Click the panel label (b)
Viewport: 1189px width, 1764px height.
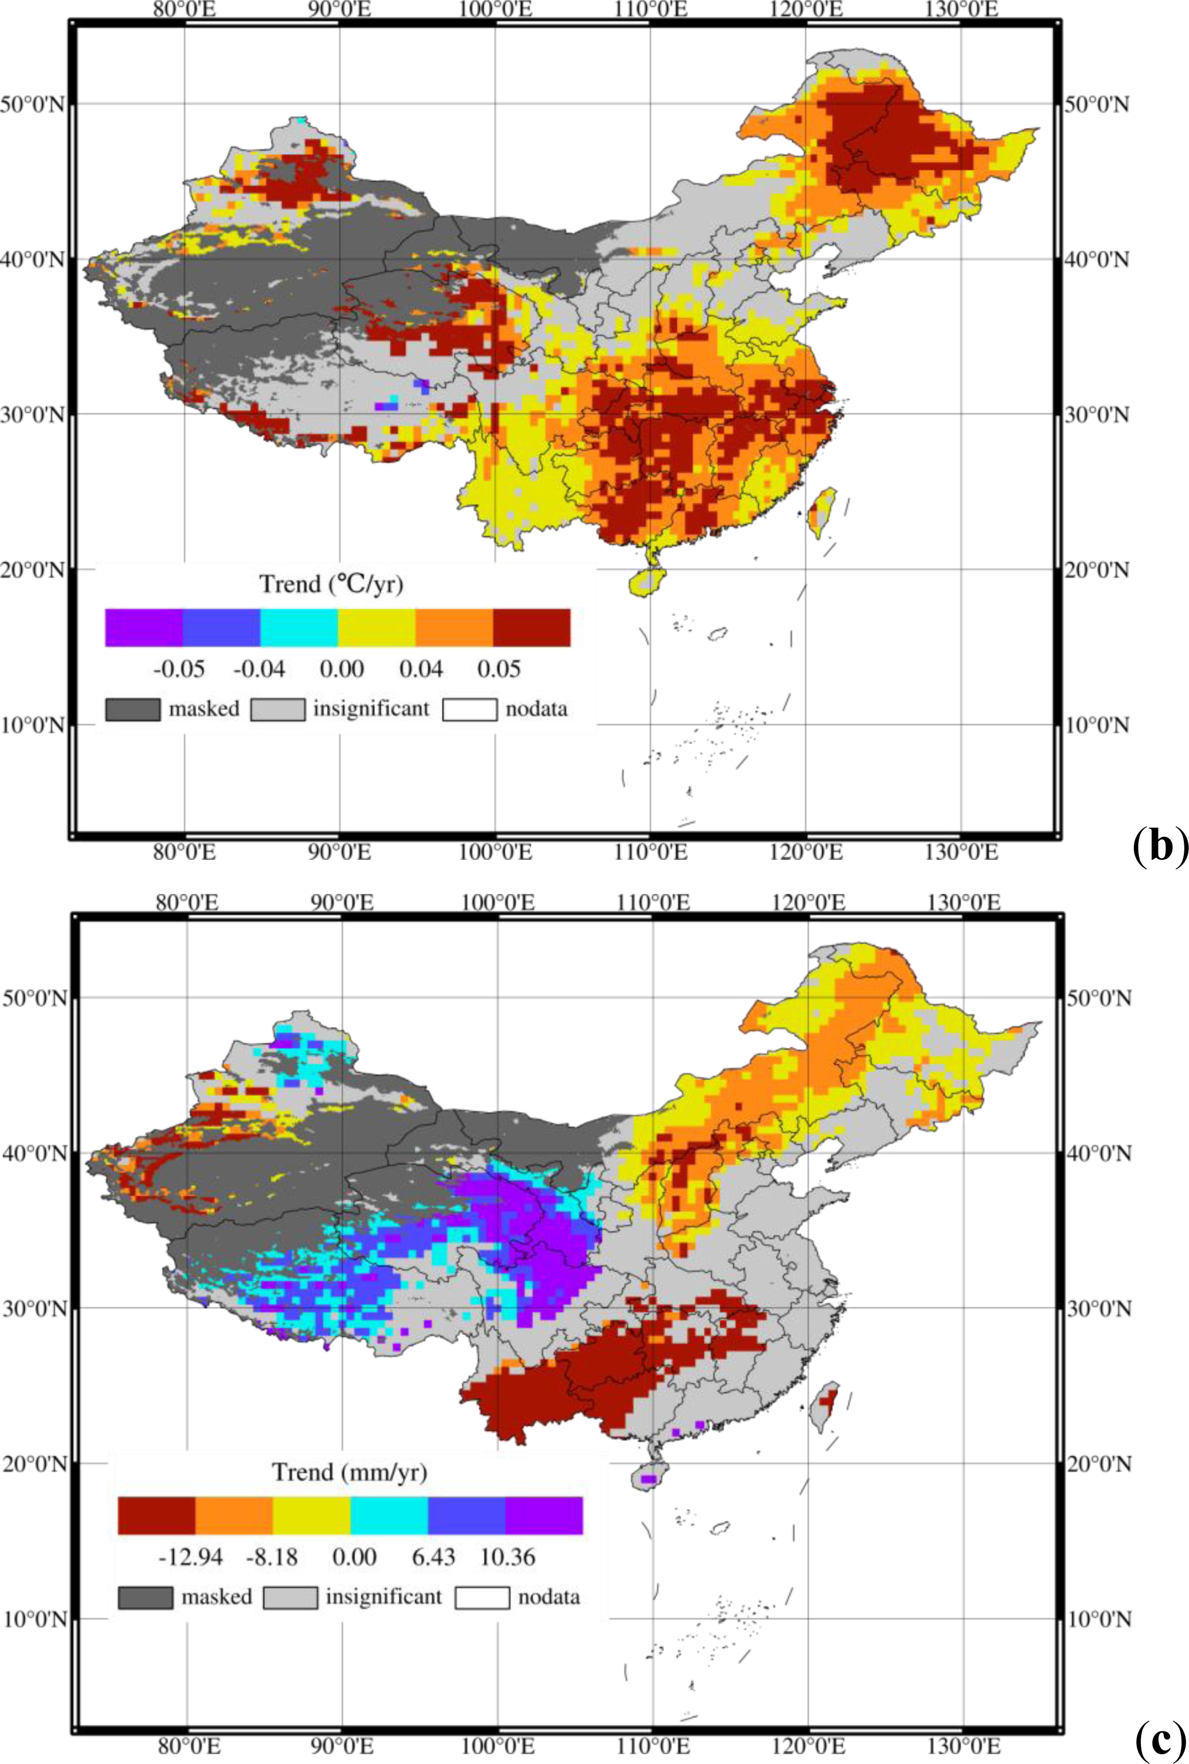(x=1158, y=845)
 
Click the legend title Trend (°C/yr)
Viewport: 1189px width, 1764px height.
(x=331, y=584)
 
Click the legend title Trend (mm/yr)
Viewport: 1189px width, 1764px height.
(x=350, y=1472)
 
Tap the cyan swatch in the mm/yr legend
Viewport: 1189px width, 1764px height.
(x=389, y=1516)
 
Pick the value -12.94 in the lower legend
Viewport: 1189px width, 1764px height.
(x=190, y=1557)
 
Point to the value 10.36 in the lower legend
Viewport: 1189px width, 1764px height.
(x=507, y=1557)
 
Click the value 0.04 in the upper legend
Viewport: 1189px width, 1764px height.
(x=421, y=669)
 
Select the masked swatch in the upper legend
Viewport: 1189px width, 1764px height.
(x=133, y=709)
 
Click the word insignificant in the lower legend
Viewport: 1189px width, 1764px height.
(x=383, y=1597)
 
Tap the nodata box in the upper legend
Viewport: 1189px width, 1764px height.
(x=469, y=709)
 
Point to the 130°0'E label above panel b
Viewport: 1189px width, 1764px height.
(x=961, y=9)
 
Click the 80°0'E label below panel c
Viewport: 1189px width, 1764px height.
(x=188, y=1746)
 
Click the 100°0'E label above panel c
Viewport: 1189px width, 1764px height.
(x=497, y=902)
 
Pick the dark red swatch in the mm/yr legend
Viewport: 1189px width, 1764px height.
(x=156, y=1516)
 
